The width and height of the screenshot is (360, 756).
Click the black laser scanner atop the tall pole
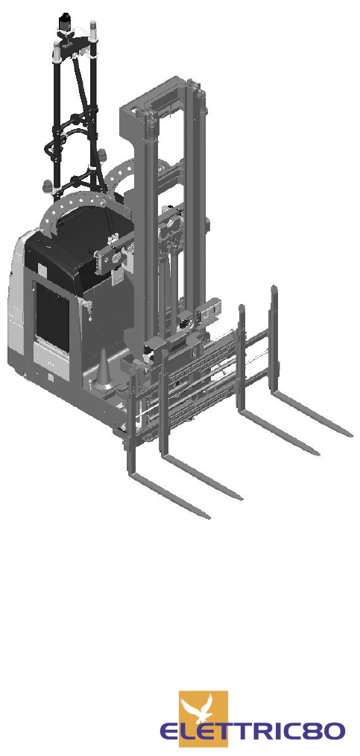(63, 22)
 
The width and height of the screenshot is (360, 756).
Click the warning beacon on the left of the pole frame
(48, 186)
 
